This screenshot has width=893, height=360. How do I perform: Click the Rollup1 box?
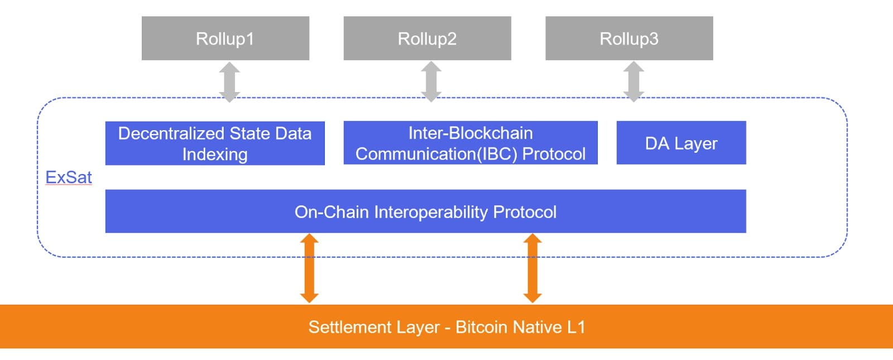[x=225, y=38]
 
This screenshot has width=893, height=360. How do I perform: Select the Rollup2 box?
[x=427, y=38]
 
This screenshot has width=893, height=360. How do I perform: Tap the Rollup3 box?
[x=629, y=38]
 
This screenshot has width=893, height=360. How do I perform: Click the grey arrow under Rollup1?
[x=229, y=82]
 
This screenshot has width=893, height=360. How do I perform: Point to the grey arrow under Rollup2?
[x=431, y=82]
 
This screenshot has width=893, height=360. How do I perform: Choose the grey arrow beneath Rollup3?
[x=633, y=82]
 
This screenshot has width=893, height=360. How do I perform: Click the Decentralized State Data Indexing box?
[x=215, y=143]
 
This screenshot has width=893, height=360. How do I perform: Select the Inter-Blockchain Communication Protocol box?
[x=470, y=143]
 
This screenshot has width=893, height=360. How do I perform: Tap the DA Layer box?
[x=681, y=143]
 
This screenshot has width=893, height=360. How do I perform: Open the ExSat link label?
[x=69, y=177]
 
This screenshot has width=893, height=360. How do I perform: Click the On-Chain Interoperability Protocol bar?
[x=425, y=212]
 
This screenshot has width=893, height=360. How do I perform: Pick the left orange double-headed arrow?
[x=309, y=268]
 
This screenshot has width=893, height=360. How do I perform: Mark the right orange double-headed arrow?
[x=532, y=268]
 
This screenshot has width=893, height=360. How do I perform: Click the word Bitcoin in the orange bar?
[x=481, y=327]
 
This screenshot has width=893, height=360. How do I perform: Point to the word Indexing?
[x=215, y=154]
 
